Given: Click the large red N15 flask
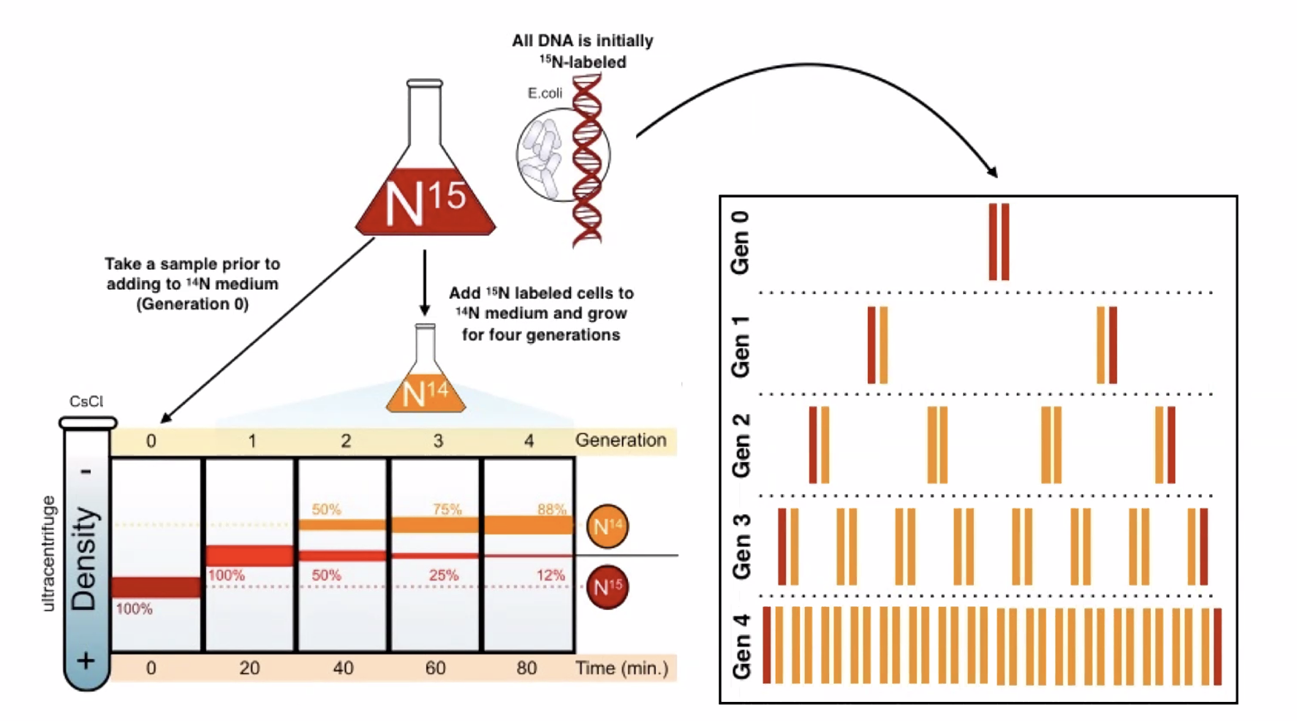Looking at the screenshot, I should [x=425, y=197].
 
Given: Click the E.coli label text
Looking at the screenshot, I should [x=545, y=93].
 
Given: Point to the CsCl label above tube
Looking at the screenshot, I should [x=86, y=401].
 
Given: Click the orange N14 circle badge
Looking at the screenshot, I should [x=608, y=526].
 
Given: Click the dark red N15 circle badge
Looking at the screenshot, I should [x=608, y=586].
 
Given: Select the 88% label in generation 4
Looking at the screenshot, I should [x=551, y=509].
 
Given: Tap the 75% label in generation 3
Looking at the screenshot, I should [x=447, y=509].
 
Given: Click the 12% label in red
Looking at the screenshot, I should [x=550, y=575].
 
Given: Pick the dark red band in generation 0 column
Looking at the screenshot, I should [x=156, y=587].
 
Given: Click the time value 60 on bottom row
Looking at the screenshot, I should [x=435, y=668].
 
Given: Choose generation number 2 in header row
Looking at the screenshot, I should [x=345, y=441].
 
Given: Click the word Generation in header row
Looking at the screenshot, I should [x=620, y=440].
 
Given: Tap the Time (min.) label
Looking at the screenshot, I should [x=621, y=668].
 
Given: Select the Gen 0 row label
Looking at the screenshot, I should [x=741, y=243].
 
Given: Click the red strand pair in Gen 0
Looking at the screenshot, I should [x=999, y=241].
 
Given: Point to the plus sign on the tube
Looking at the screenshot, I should [x=86, y=661].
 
